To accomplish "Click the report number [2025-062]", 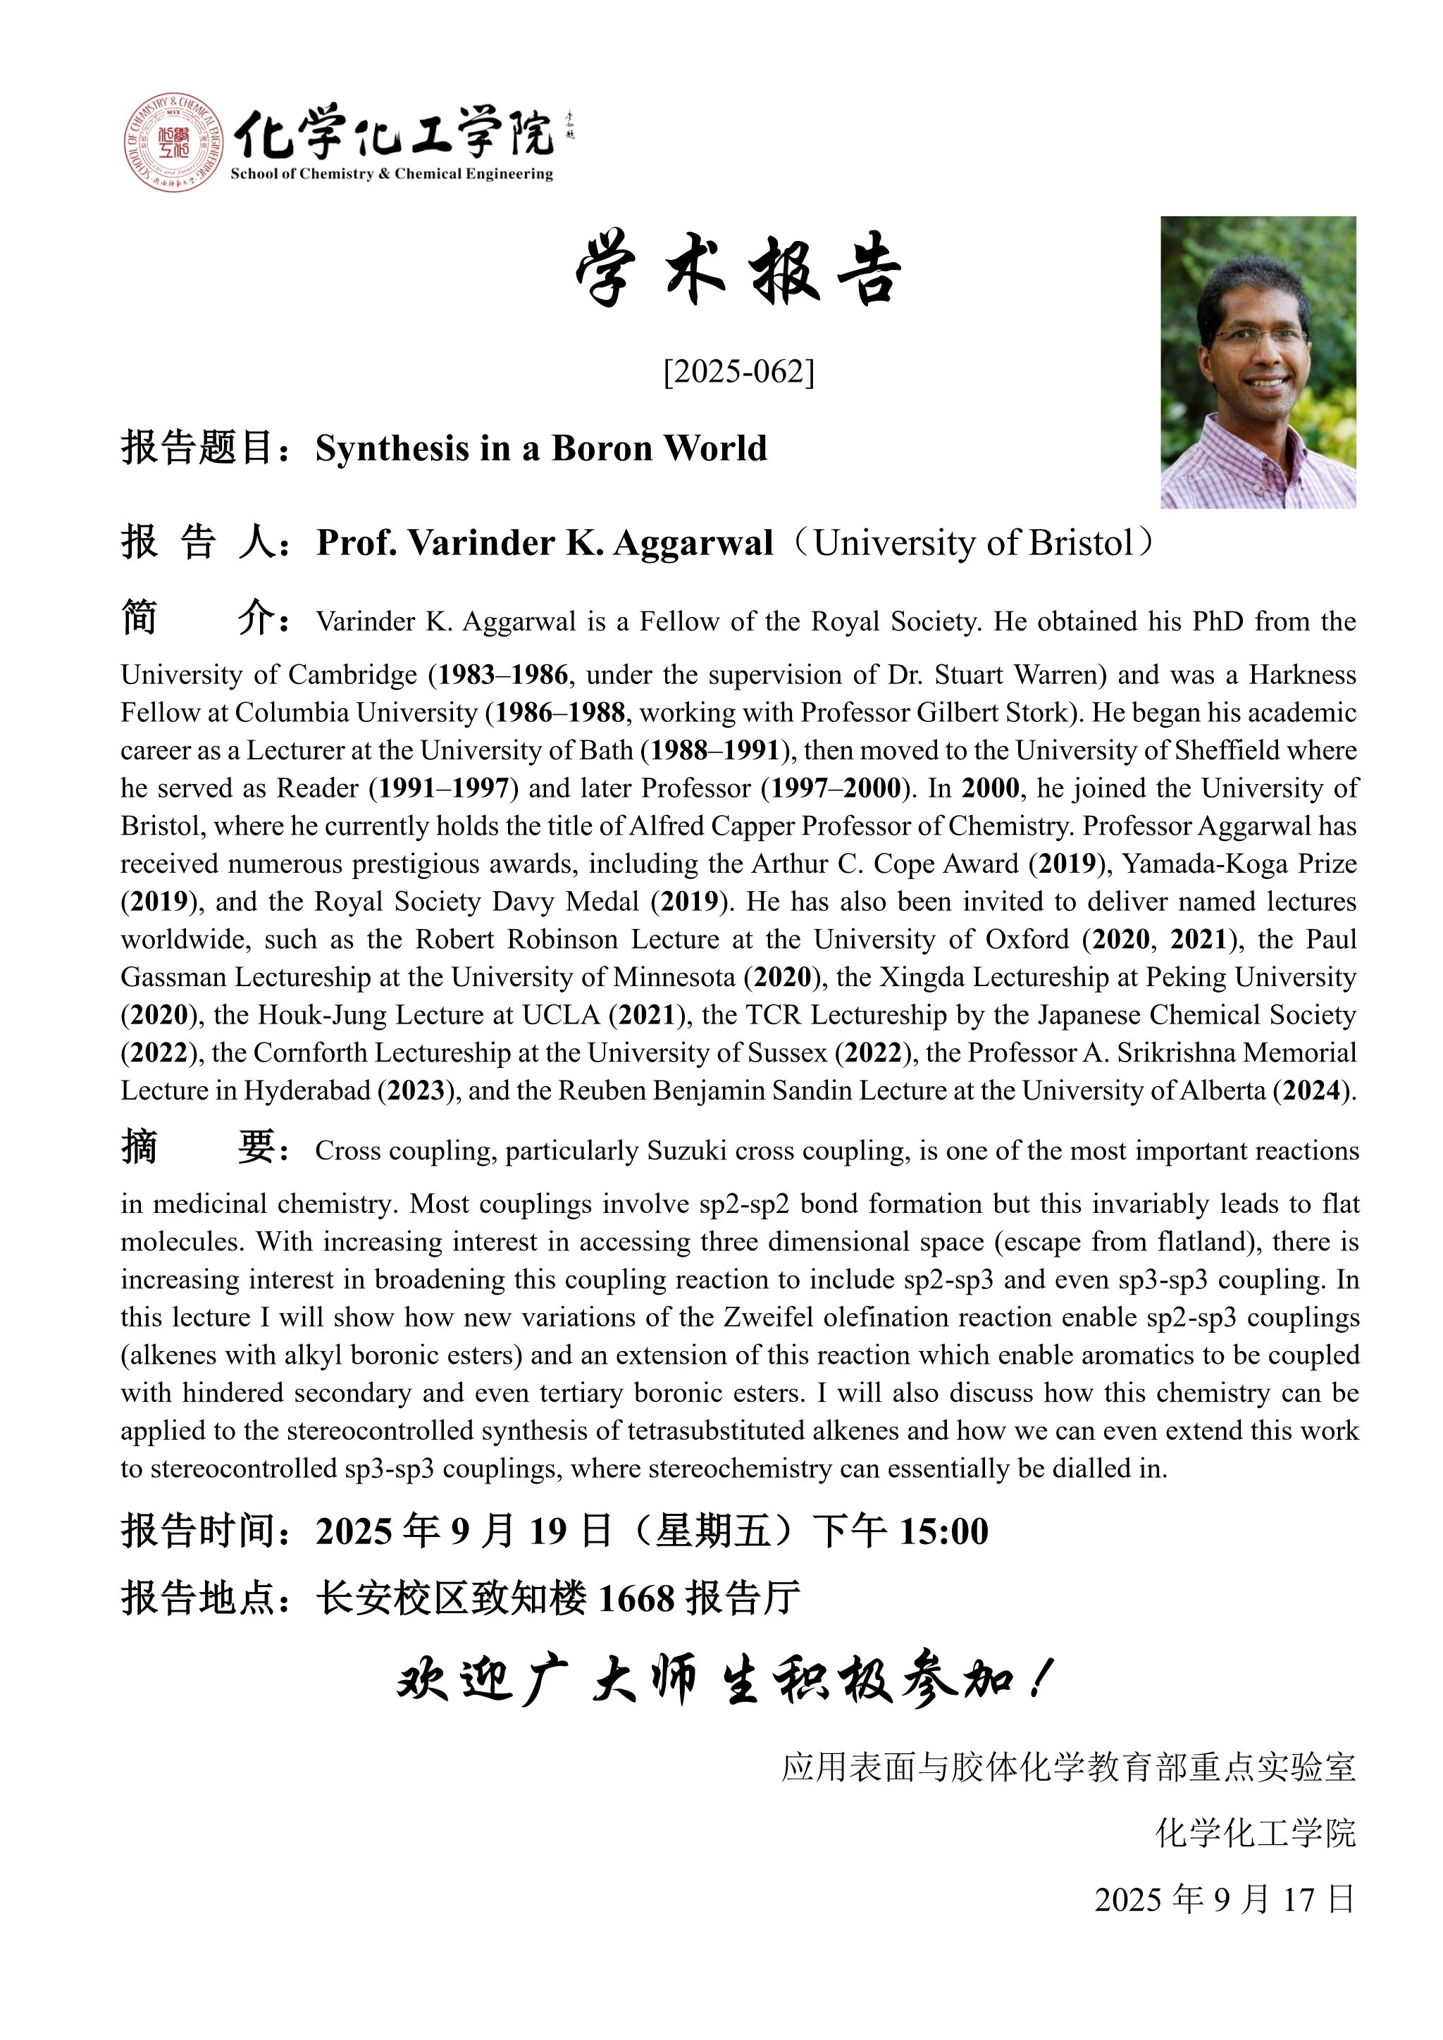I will (x=738, y=371).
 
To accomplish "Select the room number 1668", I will (x=637, y=1599).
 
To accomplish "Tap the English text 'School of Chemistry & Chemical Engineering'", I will (x=391, y=174).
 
